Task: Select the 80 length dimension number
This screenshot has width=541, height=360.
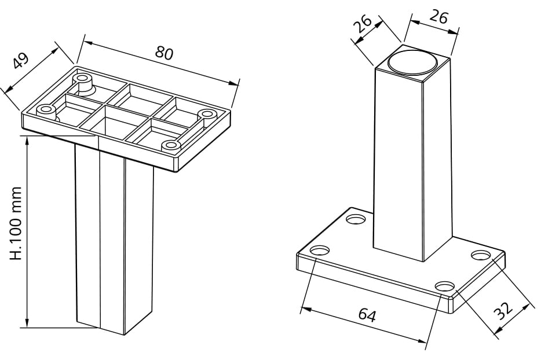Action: click(x=164, y=53)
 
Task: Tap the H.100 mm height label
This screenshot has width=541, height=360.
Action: click(x=16, y=223)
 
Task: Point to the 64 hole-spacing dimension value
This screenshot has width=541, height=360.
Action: click(x=367, y=315)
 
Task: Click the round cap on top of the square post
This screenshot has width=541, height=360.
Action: click(x=412, y=62)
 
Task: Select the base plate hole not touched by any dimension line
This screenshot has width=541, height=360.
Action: click(x=356, y=220)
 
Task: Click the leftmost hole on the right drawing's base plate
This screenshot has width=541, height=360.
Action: click(x=320, y=251)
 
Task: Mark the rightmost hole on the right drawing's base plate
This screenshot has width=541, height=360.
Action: click(x=480, y=255)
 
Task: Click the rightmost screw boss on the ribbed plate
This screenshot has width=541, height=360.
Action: click(x=206, y=114)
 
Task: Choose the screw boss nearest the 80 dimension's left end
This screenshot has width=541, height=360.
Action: click(x=82, y=77)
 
